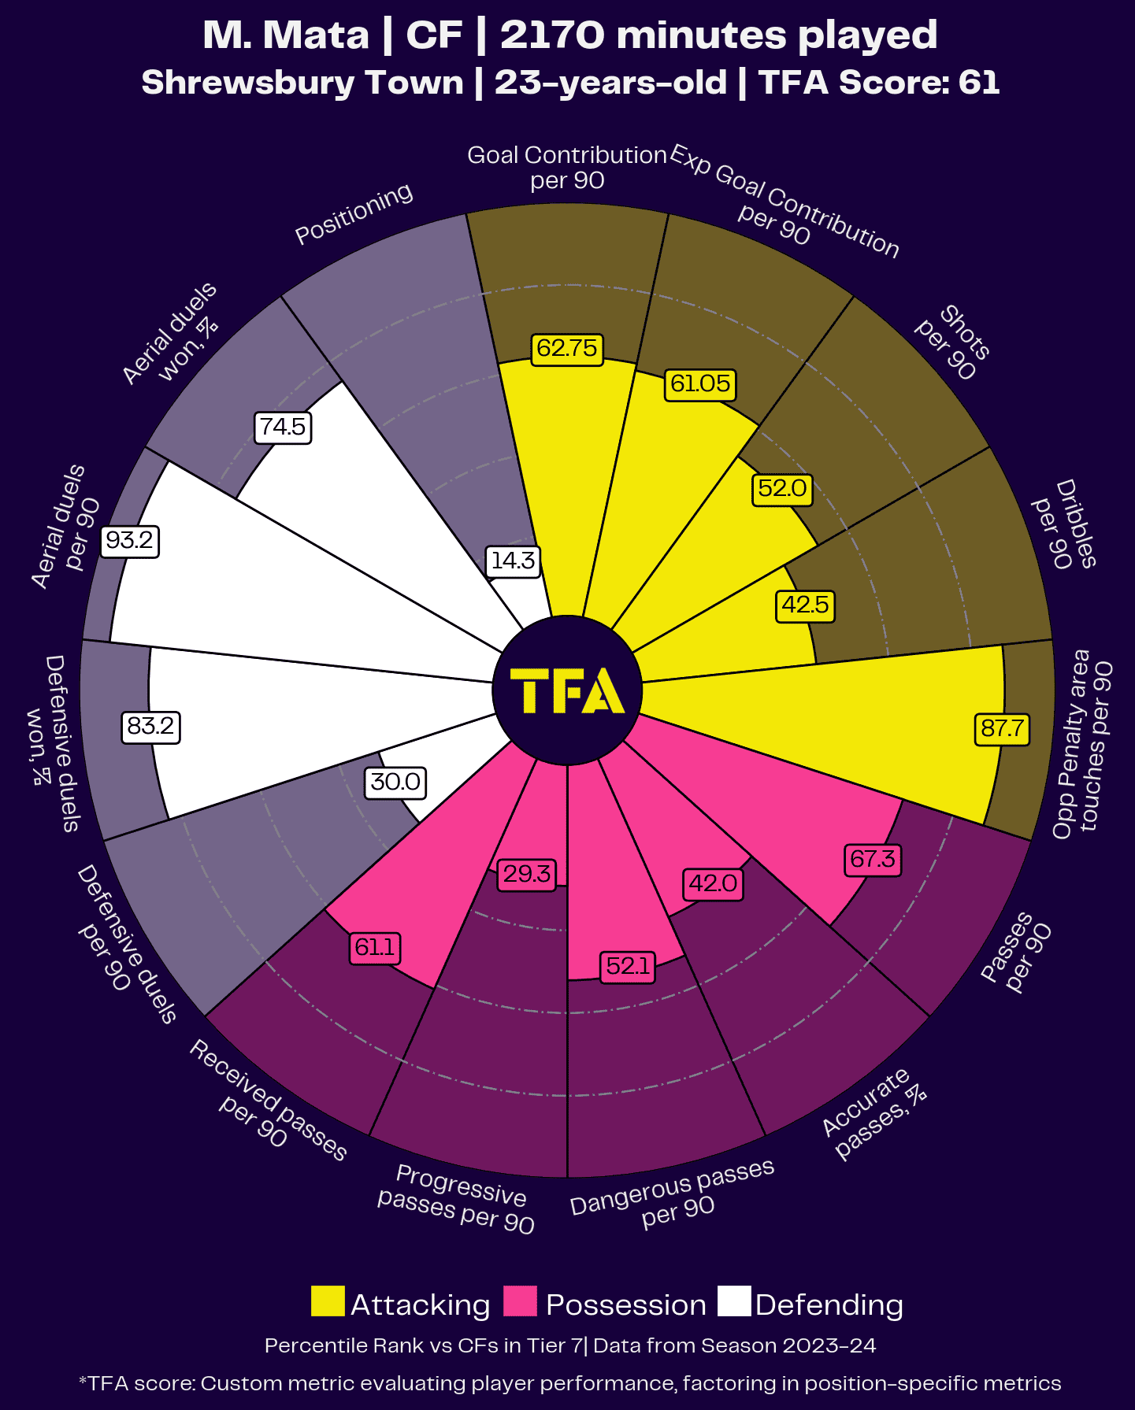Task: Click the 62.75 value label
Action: [x=567, y=348]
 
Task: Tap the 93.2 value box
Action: [x=130, y=541]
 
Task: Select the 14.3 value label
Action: [x=513, y=561]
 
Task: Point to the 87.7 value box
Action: [x=1002, y=728]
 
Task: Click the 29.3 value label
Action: [x=527, y=874]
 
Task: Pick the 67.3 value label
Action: [x=872, y=858]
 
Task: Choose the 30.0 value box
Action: [x=395, y=782]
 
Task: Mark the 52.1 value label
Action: [x=628, y=965]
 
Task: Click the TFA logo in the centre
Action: [x=567, y=690]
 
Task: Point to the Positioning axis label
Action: [x=354, y=213]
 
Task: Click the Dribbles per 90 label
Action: [x=1065, y=524]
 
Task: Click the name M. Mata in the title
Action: [x=286, y=35]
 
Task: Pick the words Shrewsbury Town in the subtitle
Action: [x=302, y=83]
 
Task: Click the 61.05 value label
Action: [x=700, y=383]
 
